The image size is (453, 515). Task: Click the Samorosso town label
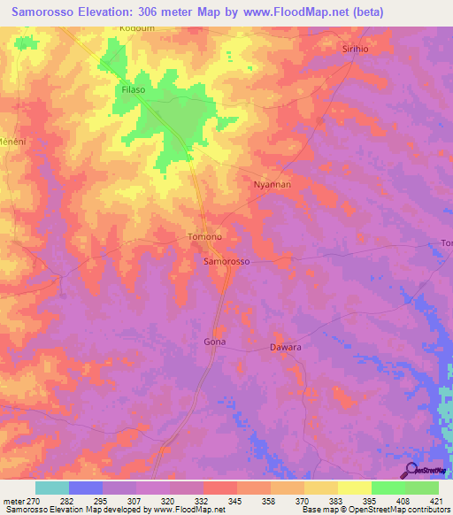point(227,263)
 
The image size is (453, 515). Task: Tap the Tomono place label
point(204,237)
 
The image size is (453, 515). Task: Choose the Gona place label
point(215,342)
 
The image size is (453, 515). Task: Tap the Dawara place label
point(286,348)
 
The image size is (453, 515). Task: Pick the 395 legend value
point(372,500)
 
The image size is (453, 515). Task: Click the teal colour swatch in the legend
point(52,488)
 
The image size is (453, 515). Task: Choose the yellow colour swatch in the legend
point(355,488)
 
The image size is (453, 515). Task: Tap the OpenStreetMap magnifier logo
point(410,470)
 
